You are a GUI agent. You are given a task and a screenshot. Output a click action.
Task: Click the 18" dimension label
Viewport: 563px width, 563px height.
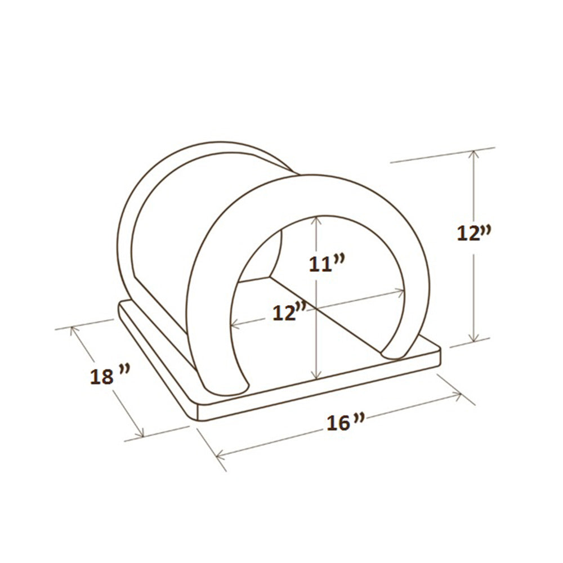pyautogui.click(x=110, y=376)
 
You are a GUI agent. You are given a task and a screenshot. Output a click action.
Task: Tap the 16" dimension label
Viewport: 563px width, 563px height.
pyautogui.click(x=345, y=422)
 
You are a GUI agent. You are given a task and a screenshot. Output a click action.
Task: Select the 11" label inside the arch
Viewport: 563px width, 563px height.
pyautogui.click(x=327, y=263)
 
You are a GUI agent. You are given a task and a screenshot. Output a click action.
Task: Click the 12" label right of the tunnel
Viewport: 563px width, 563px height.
pyautogui.click(x=473, y=232)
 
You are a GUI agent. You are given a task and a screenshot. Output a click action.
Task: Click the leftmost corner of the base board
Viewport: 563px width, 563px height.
pyautogui.click(x=120, y=307)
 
